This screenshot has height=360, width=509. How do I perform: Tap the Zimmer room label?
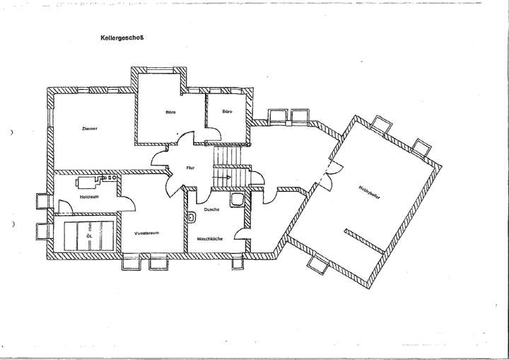coord(89,129)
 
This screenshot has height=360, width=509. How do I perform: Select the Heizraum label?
coord(88,197)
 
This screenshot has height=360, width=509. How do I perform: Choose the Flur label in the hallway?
coord(189,168)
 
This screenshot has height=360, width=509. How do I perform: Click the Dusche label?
coord(211,210)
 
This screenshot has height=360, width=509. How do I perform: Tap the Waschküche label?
coord(211,239)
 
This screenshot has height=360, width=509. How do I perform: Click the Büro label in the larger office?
coord(170,112)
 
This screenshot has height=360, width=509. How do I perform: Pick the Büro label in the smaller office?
coord(227,112)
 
